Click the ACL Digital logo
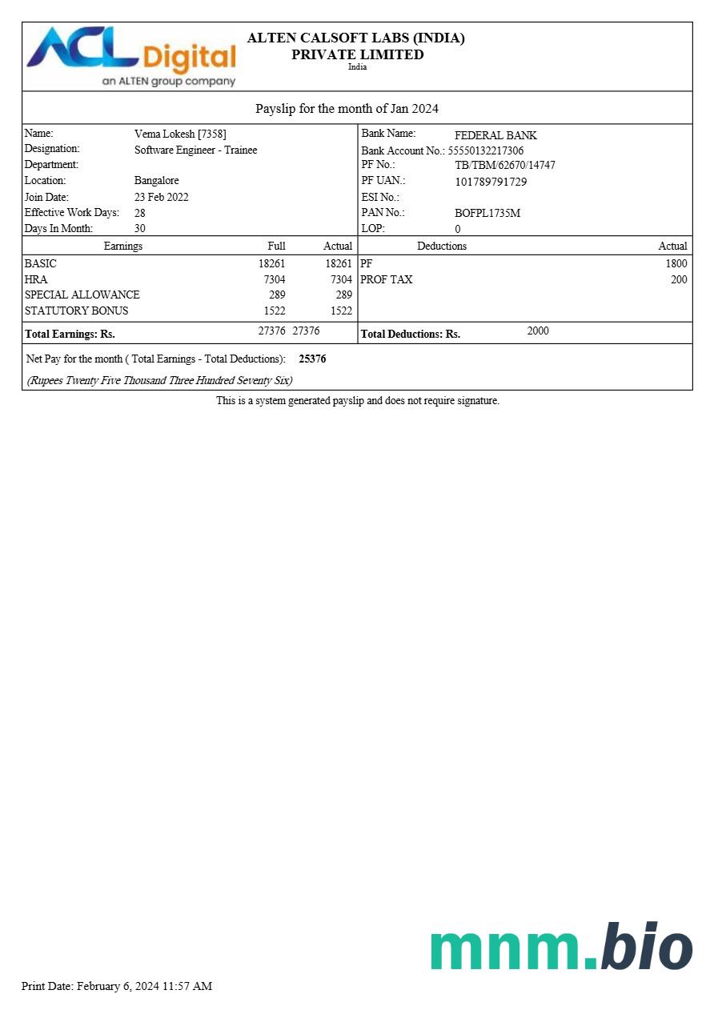click(x=132, y=56)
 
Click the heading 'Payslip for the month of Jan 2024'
click(x=347, y=109)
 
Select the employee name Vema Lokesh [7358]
click(x=180, y=134)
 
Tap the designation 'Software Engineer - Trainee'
click(x=195, y=150)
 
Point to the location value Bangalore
click(x=156, y=181)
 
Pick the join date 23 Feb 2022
click(x=161, y=197)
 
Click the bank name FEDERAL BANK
click(x=495, y=135)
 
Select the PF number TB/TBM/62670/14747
click(x=504, y=166)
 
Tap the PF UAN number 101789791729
click(x=491, y=182)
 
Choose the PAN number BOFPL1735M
click(x=487, y=213)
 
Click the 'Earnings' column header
click(x=122, y=246)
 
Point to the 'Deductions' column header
click(x=441, y=246)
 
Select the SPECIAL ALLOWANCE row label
click(x=82, y=295)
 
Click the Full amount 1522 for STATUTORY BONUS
click(x=274, y=311)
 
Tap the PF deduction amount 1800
click(x=676, y=263)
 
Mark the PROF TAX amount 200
click(x=679, y=279)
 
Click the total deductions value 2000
click(x=538, y=331)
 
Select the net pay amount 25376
click(x=312, y=359)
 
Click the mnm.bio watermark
click(x=561, y=949)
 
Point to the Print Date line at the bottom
click(x=117, y=986)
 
